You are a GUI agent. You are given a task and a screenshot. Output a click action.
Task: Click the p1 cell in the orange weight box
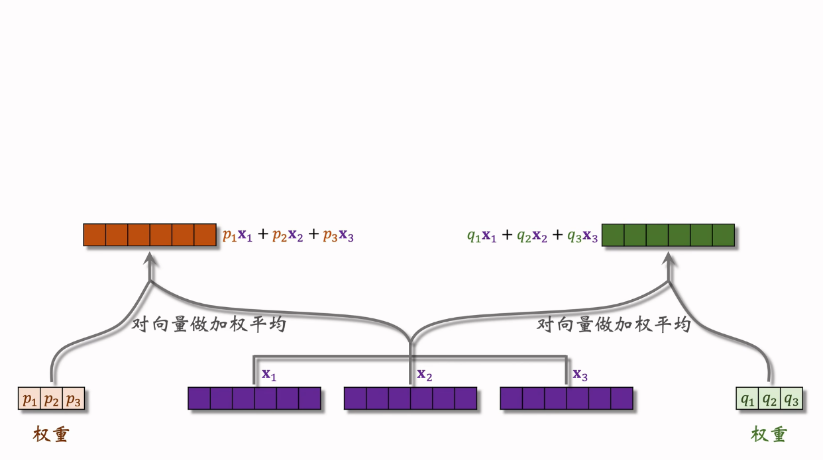(29, 398)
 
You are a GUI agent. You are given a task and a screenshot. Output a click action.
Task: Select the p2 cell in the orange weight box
(52, 398)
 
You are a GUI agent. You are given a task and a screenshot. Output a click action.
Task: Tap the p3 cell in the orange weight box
(74, 398)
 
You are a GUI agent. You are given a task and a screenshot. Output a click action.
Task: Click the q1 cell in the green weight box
(747, 398)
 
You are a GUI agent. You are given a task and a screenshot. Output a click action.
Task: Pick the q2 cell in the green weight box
(769, 398)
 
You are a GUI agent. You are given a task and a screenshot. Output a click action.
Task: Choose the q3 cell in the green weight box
(791, 398)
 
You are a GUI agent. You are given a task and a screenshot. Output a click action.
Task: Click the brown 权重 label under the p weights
(51, 434)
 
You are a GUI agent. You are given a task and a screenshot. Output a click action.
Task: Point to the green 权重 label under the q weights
(769, 434)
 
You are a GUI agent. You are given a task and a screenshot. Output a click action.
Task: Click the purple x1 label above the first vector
(269, 375)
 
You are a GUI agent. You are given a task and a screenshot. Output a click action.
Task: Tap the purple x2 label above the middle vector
(425, 375)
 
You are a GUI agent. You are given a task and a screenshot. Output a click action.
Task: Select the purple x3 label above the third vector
(580, 375)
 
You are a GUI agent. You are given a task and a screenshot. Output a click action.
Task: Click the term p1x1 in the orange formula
(238, 236)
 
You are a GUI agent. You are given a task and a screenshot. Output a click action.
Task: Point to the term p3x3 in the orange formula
(339, 236)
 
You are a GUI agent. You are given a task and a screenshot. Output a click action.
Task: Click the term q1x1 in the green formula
(482, 236)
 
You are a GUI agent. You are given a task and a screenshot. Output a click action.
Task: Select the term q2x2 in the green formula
(532, 236)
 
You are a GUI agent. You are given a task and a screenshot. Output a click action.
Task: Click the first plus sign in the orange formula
(262, 234)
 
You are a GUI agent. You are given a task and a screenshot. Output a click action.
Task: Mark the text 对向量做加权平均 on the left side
(209, 324)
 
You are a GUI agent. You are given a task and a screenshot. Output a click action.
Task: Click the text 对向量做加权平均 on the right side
(614, 324)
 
